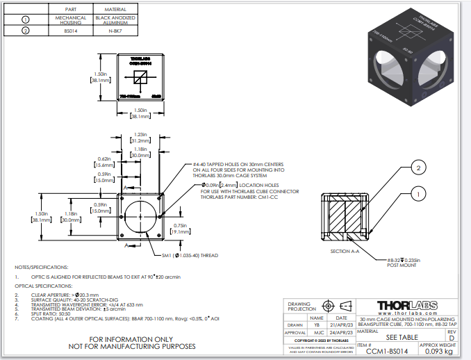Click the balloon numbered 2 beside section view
[x=418, y=167]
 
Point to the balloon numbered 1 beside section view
[x=418, y=195]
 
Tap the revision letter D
[x=451, y=338]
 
